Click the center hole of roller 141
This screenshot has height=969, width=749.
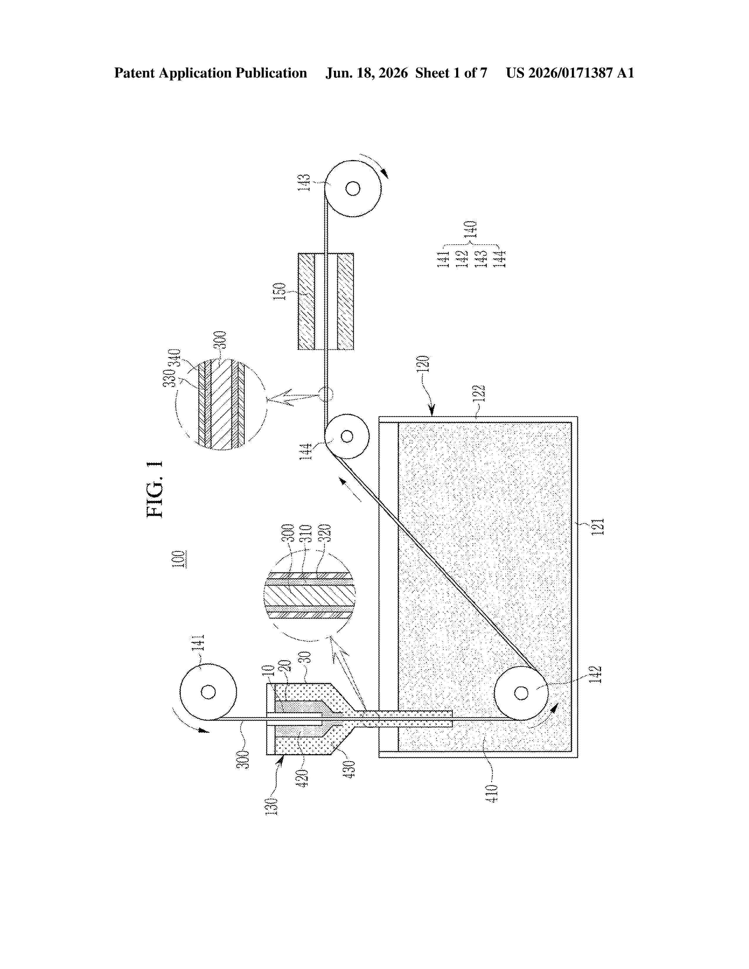coord(208,692)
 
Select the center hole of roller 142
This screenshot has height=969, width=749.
coord(521,692)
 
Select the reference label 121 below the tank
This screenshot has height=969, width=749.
coord(598,527)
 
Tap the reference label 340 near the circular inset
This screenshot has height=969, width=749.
coord(175,359)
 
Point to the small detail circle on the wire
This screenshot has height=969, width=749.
coord(326,394)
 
